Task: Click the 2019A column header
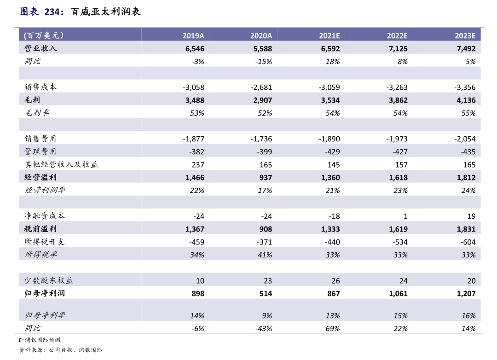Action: pos(193,35)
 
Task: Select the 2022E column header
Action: pos(397,35)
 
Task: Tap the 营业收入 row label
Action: pos(40,48)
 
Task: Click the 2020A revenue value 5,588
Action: pos(262,48)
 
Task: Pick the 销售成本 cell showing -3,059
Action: pos(329,87)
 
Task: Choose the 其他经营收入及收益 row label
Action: pos(61,164)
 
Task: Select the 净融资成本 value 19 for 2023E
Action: pos(471,216)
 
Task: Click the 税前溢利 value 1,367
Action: pos(195,229)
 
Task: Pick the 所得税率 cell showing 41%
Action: pos(265,255)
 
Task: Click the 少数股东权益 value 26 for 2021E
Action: pos(335,280)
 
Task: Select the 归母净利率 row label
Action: pos(45,315)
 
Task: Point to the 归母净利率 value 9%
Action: pos(266,315)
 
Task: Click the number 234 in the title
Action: pos(52,12)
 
